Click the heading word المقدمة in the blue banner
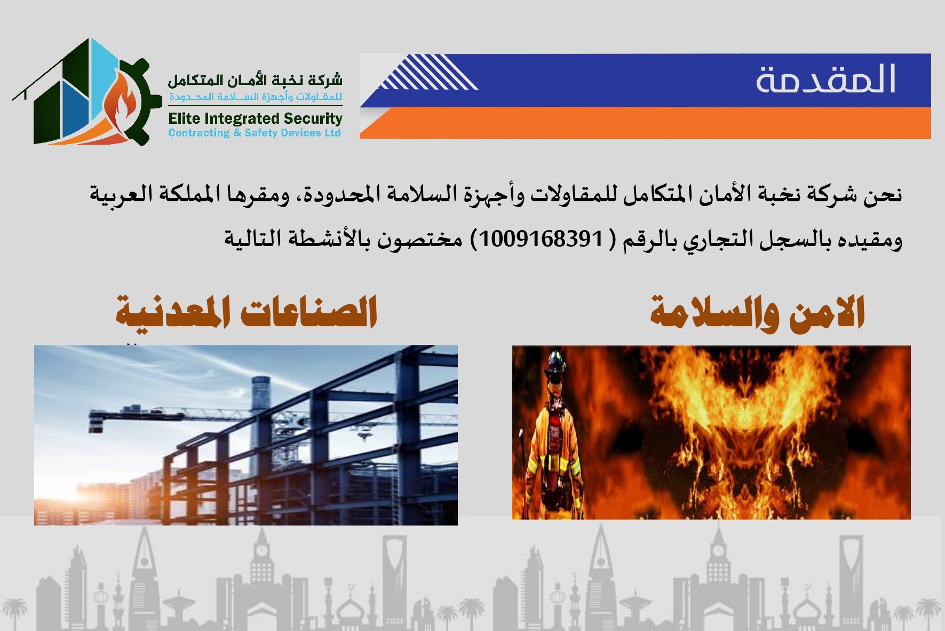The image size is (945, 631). (x=825, y=80)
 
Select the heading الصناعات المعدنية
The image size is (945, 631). (x=247, y=312)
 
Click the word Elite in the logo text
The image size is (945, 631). (x=184, y=119)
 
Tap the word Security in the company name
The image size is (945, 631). (x=313, y=119)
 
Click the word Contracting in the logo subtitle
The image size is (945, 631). (x=198, y=133)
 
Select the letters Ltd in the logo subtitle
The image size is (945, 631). (x=332, y=133)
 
